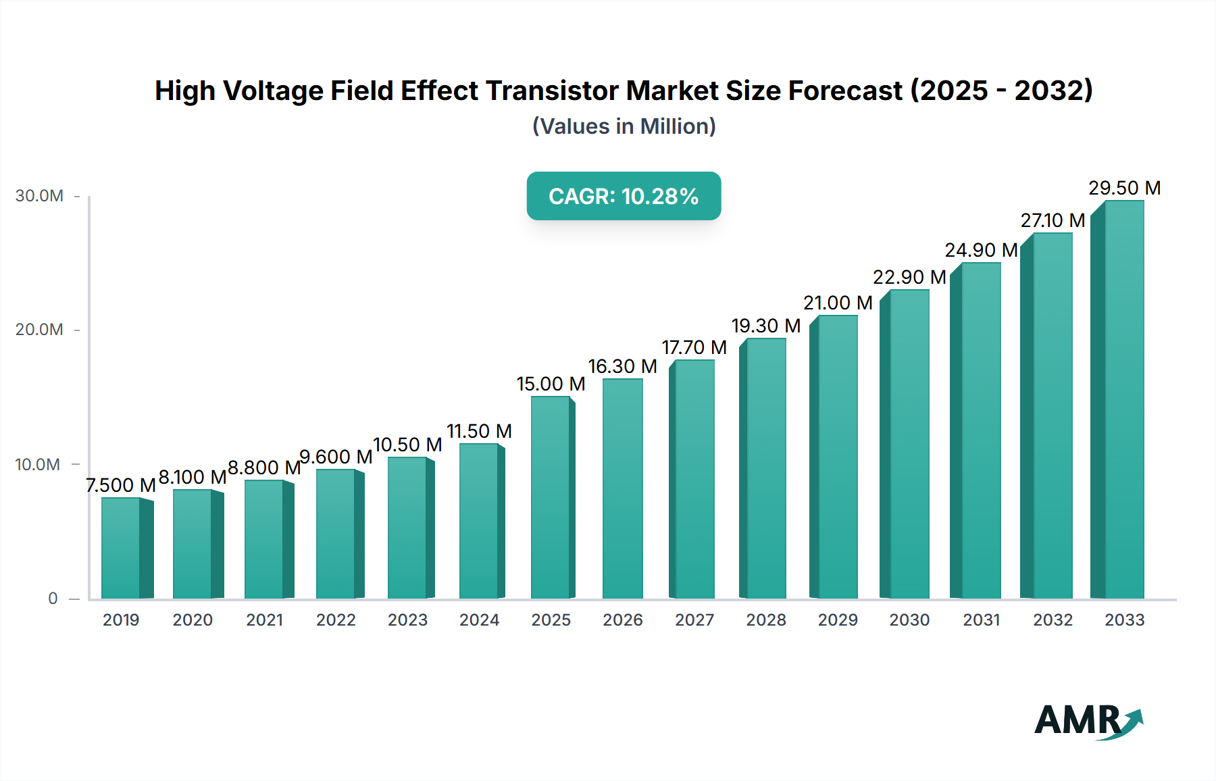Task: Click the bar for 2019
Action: point(122,548)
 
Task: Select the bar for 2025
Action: point(551,497)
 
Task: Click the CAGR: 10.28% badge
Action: point(624,196)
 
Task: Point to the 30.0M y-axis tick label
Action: point(39,196)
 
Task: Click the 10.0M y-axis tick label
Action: point(38,465)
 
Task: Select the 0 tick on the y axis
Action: point(53,599)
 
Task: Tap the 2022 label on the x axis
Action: point(336,620)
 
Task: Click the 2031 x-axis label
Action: point(981,620)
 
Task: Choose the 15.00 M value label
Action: point(551,384)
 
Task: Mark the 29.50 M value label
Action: point(1124,188)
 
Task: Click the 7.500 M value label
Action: point(121,485)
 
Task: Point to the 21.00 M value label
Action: point(838,303)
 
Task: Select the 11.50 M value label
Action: point(479,431)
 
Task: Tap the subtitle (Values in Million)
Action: point(624,126)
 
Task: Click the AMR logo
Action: point(1088,721)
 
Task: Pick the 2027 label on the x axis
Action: point(694,620)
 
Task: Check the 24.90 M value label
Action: point(981,250)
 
